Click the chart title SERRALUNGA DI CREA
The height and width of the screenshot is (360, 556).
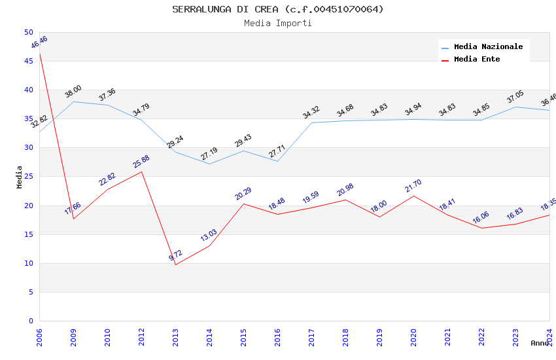pos(278,9)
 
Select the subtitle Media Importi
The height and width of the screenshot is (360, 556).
pos(278,23)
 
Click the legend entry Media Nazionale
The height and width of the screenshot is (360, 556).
pos(488,46)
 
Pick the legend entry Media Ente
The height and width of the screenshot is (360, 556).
pos(477,59)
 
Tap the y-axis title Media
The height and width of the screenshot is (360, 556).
pos(20,177)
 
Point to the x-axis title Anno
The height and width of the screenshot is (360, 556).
pos(540,343)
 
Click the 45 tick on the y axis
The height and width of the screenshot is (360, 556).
pos(28,61)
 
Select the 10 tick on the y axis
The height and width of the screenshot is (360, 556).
pos(28,263)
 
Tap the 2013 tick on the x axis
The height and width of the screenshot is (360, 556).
pos(175,336)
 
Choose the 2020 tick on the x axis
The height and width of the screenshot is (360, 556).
pos(413,336)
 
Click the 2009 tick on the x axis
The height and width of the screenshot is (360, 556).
pos(73,336)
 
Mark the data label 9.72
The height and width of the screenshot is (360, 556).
pos(175,255)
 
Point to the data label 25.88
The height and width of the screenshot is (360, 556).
pos(141,161)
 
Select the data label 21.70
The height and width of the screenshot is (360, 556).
pos(413,186)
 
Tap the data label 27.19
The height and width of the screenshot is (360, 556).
pos(209,154)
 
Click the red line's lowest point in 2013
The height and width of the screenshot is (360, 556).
pos(175,264)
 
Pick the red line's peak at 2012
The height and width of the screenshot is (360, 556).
pos(141,171)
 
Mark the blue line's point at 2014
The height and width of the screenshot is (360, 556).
pos(209,164)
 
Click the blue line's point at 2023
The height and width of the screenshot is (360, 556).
pos(515,107)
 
